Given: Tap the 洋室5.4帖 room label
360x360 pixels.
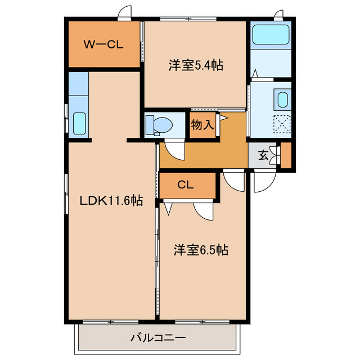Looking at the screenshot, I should [196, 66].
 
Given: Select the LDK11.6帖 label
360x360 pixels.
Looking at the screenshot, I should [110, 201].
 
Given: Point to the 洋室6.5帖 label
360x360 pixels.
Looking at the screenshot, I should [200, 249].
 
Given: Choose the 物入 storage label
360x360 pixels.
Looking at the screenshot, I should [202, 125].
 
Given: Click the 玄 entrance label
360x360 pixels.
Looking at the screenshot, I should [263, 156].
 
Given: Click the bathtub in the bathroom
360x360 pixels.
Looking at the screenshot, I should [271, 35].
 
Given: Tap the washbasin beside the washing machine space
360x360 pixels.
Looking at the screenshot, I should [282, 100].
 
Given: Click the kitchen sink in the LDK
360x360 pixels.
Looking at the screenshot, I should [79, 123].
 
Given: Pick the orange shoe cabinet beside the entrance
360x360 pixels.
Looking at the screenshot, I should [286, 156].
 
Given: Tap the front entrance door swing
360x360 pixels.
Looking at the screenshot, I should [263, 180].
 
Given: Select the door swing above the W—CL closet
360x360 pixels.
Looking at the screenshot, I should [125, 12].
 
